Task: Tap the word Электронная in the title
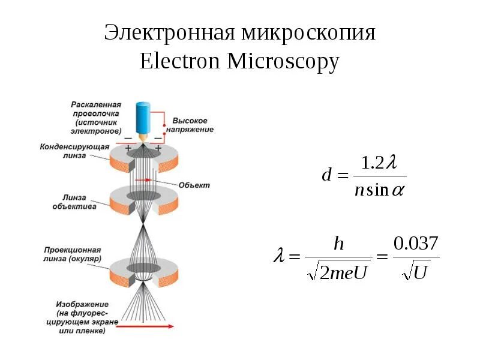pyautogui.click(x=169, y=33)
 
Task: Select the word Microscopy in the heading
pyautogui.click(x=283, y=62)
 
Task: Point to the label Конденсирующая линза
pyautogui.click(x=74, y=150)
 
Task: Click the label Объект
pyautogui.click(x=194, y=185)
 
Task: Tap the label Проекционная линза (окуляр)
pyautogui.click(x=72, y=254)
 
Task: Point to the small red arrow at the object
pyautogui.click(x=143, y=180)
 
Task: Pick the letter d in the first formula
pyautogui.click(x=327, y=176)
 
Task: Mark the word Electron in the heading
pyautogui.click(x=180, y=62)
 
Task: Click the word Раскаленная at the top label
pyautogui.click(x=96, y=104)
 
